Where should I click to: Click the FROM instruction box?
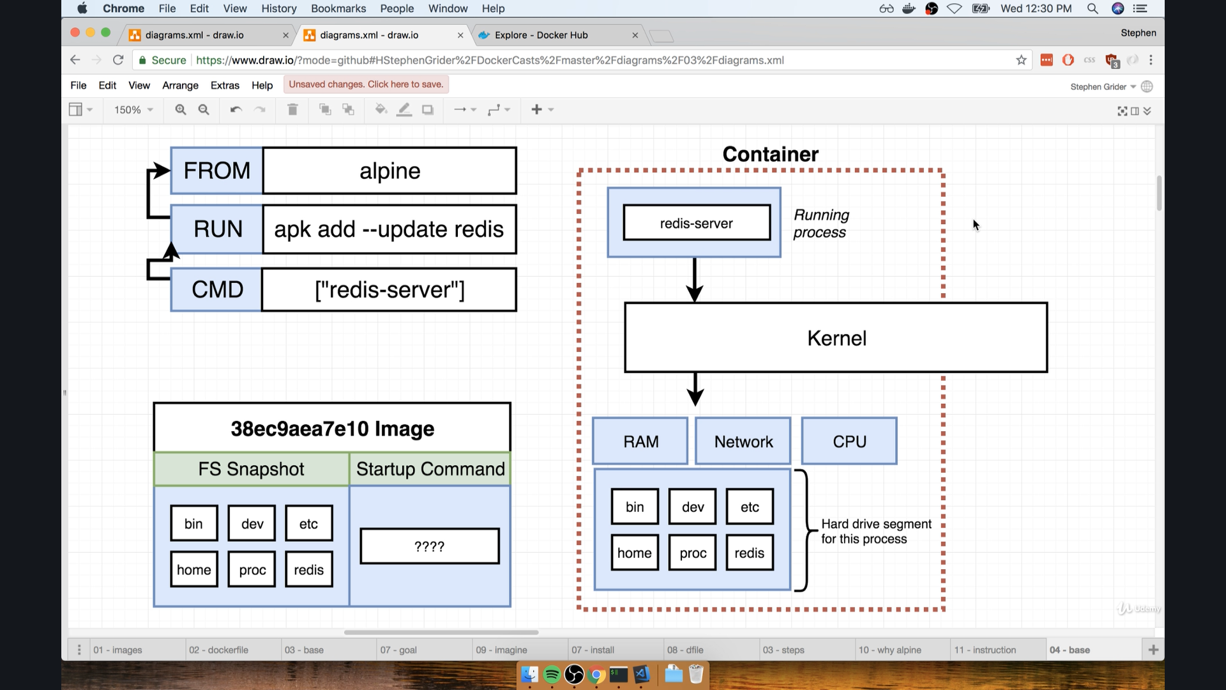click(x=216, y=171)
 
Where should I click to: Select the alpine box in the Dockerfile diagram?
click(x=390, y=171)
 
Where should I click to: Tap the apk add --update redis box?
click(x=390, y=229)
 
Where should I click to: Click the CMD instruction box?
click(x=216, y=289)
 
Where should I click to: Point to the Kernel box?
click(x=836, y=338)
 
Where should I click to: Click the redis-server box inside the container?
click(x=696, y=223)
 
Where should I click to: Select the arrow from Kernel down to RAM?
click(x=695, y=388)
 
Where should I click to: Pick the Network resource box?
click(x=743, y=441)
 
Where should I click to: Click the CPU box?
click(x=849, y=441)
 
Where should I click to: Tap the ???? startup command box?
click(x=429, y=546)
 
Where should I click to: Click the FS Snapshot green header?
click(x=251, y=469)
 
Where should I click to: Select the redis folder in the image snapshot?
click(x=308, y=569)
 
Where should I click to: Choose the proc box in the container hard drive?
click(x=693, y=553)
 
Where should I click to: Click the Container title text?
click(x=770, y=154)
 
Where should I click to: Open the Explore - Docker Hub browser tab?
click(x=541, y=35)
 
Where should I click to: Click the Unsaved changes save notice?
click(x=366, y=84)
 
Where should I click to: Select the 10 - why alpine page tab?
click(x=889, y=650)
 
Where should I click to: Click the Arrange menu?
click(x=180, y=86)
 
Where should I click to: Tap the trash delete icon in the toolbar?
click(x=292, y=110)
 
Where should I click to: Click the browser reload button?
click(x=118, y=60)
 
